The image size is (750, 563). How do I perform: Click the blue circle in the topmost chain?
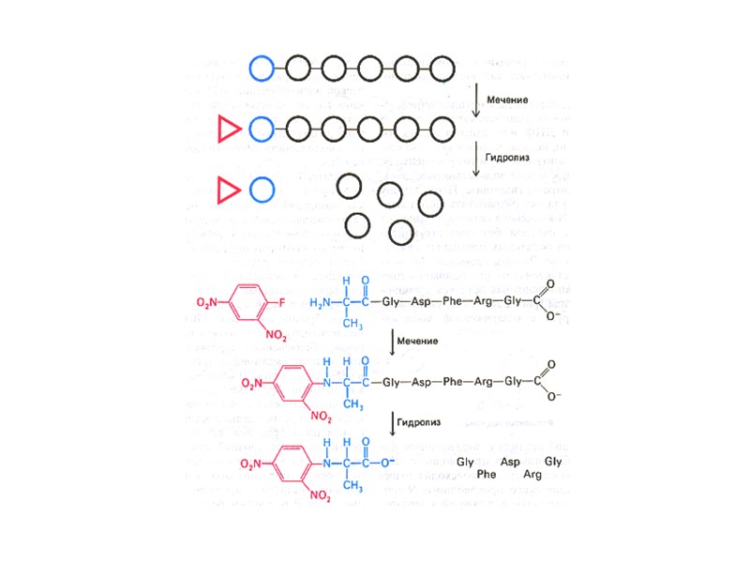(x=262, y=68)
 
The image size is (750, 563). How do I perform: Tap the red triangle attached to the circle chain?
(x=226, y=129)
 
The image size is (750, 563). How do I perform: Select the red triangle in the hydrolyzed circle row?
(x=226, y=190)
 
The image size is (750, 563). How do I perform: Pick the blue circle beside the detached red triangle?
(x=262, y=190)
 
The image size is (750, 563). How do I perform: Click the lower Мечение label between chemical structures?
(x=418, y=340)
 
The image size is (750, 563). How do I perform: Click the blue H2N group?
(x=321, y=303)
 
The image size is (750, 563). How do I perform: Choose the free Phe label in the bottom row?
(x=487, y=475)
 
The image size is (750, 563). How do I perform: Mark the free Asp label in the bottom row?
(x=510, y=464)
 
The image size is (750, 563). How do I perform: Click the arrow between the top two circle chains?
(x=477, y=100)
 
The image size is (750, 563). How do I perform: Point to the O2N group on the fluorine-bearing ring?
(x=208, y=303)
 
